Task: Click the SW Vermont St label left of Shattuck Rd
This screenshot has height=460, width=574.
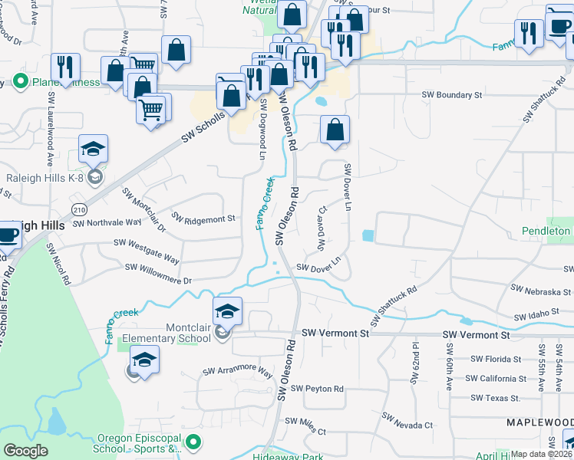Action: [x=335, y=333]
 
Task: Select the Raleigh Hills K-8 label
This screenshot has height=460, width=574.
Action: [x=44, y=178]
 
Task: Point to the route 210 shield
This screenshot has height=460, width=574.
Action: [x=78, y=209]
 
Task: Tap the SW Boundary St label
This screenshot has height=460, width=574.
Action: [x=451, y=95]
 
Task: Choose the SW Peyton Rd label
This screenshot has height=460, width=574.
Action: [x=317, y=389]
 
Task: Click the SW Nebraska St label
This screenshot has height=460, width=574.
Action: [x=540, y=291]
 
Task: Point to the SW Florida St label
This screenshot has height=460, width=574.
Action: [x=495, y=358]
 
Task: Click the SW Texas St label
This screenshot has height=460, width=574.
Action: [x=495, y=398]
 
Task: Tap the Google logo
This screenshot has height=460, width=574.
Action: [x=25, y=451]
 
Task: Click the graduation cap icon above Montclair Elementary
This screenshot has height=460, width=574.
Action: [x=228, y=311]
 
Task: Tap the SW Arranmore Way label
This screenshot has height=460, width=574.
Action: [x=238, y=372]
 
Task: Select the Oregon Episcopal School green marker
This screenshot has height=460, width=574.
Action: [x=194, y=442]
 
